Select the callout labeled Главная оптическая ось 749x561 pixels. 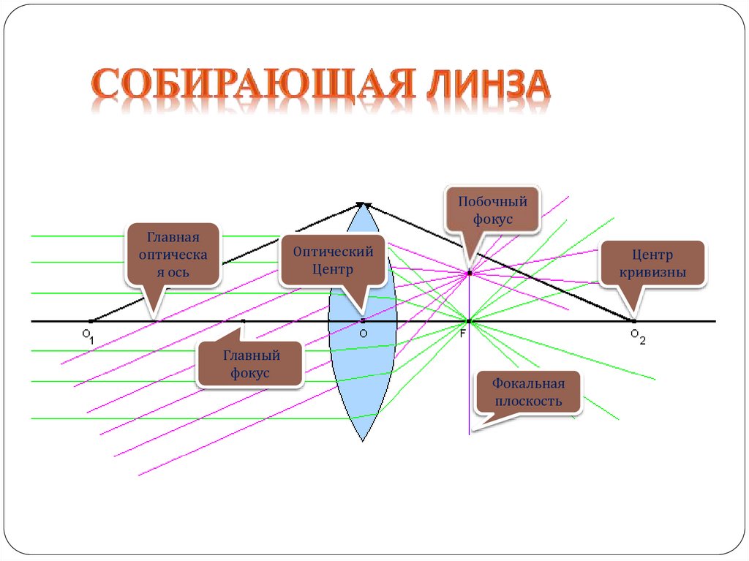173,255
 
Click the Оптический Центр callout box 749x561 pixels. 333,260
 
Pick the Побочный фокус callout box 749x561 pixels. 492,210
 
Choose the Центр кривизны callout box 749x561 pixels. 652,264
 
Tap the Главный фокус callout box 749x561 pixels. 250,364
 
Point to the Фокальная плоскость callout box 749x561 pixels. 527,392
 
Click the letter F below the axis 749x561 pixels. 462,334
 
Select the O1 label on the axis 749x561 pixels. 88,335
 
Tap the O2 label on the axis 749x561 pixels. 637,335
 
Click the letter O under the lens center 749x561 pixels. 363,334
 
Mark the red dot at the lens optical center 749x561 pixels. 363,321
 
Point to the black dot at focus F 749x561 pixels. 469,321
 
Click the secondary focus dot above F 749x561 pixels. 470,273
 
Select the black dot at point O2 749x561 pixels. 634,321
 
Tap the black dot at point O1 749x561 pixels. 90,321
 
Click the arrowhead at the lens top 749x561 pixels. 363,206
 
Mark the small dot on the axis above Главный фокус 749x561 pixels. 244,321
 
